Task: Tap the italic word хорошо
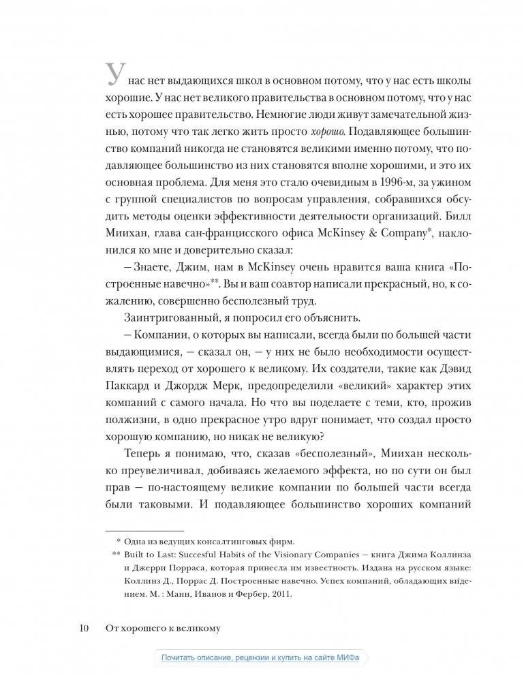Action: pos(345,131)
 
